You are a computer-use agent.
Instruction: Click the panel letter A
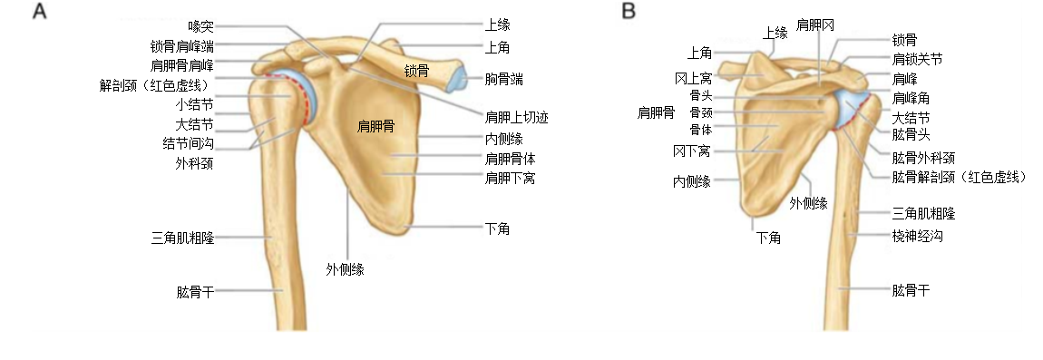click(40, 12)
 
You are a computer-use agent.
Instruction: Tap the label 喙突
click(200, 26)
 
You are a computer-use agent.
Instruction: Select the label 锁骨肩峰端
click(182, 45)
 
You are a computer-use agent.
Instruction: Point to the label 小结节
click(194, 104)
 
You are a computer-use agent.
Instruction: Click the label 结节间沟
click(188, 143)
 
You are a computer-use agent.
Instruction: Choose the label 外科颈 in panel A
click(194, 163)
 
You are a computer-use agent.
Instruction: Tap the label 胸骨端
click(504, 80)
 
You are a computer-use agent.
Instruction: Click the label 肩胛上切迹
click(517, 118)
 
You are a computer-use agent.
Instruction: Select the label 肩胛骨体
click(511, 158)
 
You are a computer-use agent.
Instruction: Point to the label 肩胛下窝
click(511, 178)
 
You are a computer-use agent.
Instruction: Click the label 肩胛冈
click(814, 24)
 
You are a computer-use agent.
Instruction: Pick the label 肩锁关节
click(917, 59)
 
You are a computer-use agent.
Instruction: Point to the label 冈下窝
click(691, 150)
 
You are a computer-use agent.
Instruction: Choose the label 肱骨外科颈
click(923, 157)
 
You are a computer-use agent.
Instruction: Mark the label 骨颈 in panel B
click(701, 112)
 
